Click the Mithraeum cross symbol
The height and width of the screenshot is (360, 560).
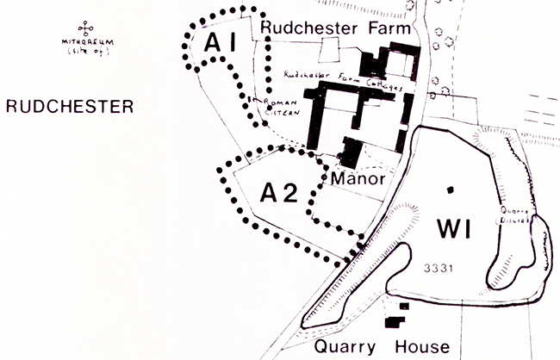[x=84, y=26]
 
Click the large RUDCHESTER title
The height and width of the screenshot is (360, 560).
[x=69, y=107]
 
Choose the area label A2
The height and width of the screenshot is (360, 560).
[x=279, y=191]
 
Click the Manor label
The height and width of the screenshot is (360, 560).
[x=356, y=179]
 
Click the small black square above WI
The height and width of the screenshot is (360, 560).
[x=449, y=188]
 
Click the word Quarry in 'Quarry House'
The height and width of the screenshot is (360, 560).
[x=345, y=347]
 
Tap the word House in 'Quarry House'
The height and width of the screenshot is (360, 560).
[x=423, y=347]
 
